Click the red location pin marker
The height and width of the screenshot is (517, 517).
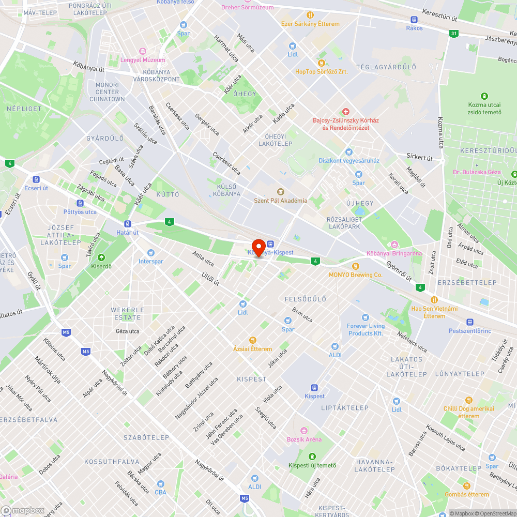pos(258,246)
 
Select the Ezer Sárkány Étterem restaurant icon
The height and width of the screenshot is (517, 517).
pos(310,16)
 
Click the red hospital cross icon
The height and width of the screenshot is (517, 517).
pos(346,112)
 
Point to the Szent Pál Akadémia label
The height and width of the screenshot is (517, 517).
pos(280,201)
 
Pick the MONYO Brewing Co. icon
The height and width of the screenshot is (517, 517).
pos(355,266)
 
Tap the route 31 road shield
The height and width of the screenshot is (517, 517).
pos(453,34)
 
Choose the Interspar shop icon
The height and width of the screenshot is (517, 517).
pos(150,253)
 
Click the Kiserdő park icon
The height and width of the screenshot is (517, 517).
pos(101,257)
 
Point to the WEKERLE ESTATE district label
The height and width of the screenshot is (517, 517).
pos(127,314)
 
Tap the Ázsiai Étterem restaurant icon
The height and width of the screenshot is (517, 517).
pos(252,340)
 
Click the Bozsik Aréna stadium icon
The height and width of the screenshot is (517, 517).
pos(303,431)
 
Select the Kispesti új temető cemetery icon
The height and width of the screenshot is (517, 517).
pos(312,457)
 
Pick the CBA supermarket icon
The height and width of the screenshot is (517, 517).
pos(160,484)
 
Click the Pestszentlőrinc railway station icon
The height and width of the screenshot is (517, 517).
pos(469,322)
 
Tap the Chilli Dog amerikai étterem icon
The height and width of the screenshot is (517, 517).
pos(468,400)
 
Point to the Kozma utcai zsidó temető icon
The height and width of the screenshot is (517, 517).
pos(484,96)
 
